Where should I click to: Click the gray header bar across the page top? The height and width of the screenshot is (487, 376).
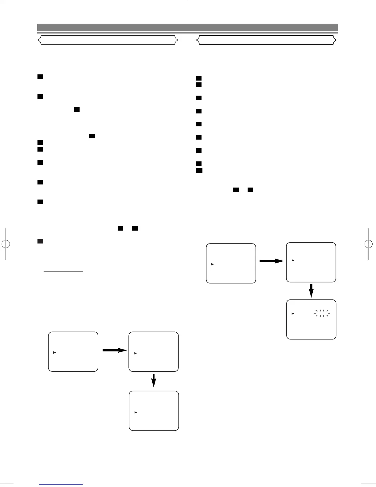tap(187, 28)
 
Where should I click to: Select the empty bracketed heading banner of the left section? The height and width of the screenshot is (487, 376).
tap(108, 40)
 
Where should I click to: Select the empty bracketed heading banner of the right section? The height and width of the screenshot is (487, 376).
tap(267, 40)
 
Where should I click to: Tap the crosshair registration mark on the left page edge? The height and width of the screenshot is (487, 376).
tap(6, 244)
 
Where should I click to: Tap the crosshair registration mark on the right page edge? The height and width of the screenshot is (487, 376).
tap(369, 244)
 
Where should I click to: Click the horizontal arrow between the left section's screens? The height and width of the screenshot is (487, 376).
tap(114, 350)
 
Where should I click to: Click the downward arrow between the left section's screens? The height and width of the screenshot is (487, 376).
tap(154, 380)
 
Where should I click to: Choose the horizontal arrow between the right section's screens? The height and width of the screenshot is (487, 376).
tap(272, 261)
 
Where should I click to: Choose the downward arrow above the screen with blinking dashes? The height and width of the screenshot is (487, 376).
tap(311, 291)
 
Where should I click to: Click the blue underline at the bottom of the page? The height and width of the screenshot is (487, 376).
tap(61, 484)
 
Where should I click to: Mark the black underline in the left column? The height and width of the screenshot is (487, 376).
tap(63, 272)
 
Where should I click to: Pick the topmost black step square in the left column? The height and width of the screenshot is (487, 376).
tap(40, 77)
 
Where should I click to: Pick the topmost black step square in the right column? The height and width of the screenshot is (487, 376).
tap(199, 78)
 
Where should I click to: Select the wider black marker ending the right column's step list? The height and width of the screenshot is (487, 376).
tap(199, 170)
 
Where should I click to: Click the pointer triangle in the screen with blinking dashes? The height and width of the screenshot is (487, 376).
tap(293, 314)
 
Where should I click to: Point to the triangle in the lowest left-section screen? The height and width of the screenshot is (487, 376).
tap(135, 412)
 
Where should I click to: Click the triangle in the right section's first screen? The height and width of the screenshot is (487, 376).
tap(212, 264)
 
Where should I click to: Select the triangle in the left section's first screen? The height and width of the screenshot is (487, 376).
tap(54, 352)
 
